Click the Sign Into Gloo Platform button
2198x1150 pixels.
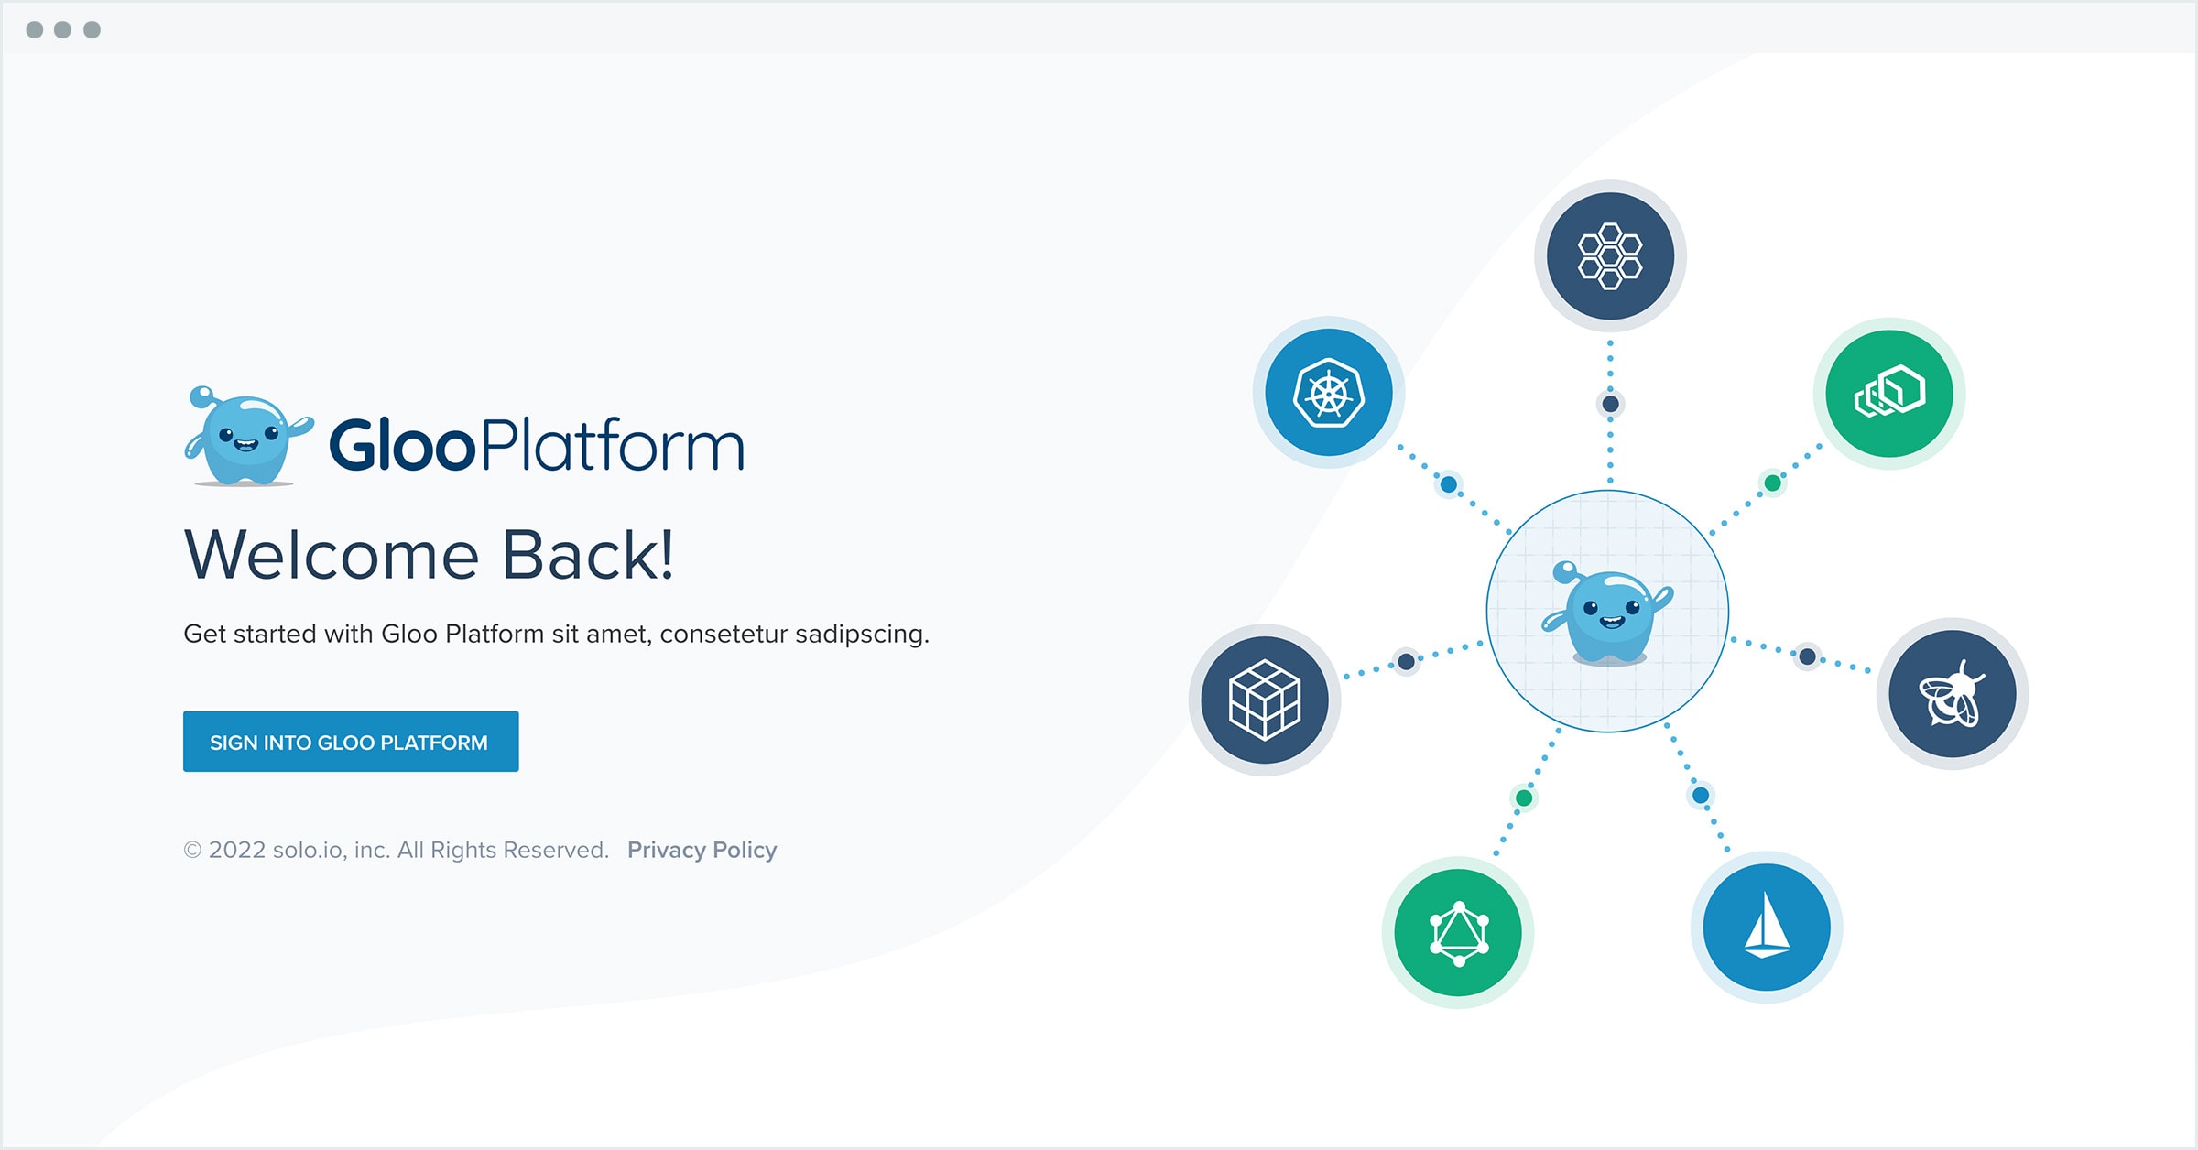(351, 741)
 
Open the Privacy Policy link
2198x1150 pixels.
(702, 851)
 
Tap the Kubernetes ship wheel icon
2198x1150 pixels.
(1329, 393)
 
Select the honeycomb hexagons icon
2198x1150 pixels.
(1610, 256)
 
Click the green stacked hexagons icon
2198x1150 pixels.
(1889, 394)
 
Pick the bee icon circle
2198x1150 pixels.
(1953, 694)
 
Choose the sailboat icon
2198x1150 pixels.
(1767, 928)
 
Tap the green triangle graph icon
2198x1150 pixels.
(1458, 933)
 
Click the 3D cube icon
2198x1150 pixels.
(1265, 700)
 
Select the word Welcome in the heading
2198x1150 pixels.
(332, 555)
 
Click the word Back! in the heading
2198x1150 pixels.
(588, 555)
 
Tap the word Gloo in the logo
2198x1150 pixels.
(402, 446)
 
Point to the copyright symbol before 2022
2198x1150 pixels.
(192, 851)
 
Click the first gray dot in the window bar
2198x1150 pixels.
(35, 30)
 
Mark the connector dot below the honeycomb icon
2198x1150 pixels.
(1611, 404)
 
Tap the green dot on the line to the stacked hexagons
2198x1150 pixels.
(1773, 483)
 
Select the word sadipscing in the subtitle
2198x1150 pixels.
(862, 635)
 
